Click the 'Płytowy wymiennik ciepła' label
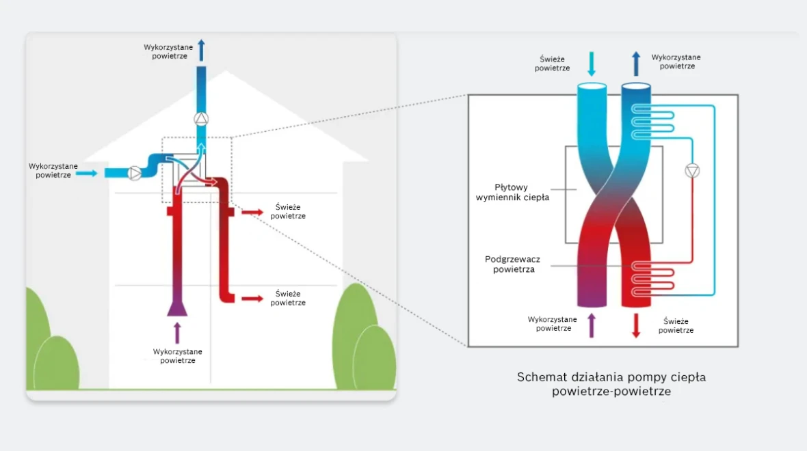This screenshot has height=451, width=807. click(512, 192)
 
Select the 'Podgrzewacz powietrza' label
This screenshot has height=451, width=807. click(513, 264)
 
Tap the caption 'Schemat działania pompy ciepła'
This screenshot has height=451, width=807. click(611, 377)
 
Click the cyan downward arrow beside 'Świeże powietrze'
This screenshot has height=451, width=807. click(592, 64)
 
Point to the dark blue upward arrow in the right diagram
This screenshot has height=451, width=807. click(636, 64)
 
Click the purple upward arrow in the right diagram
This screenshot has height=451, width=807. click(592, 325)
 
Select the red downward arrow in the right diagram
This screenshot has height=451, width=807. click(636, 325)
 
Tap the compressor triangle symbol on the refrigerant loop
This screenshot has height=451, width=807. click(692, 171)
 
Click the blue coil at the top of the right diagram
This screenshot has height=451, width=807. click(652, 122)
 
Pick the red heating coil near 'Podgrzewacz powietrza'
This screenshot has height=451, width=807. click(652, 279)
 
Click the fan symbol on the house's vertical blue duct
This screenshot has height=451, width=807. click(201, 119)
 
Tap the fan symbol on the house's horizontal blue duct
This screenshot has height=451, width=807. click(135, 174)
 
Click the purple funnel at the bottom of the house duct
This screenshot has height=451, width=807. click(177, 308)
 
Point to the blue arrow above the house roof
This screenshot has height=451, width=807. click(201, 50)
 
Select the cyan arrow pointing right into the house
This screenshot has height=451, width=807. click(86, 174)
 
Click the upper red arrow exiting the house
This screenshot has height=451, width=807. click(252, 212)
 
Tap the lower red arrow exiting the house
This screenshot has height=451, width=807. click(252, 298)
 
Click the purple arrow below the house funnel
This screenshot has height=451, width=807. click(178, 333)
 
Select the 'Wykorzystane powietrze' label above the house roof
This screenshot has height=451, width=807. click(168, 51)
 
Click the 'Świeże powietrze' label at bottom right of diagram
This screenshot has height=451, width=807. click(676, 325)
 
